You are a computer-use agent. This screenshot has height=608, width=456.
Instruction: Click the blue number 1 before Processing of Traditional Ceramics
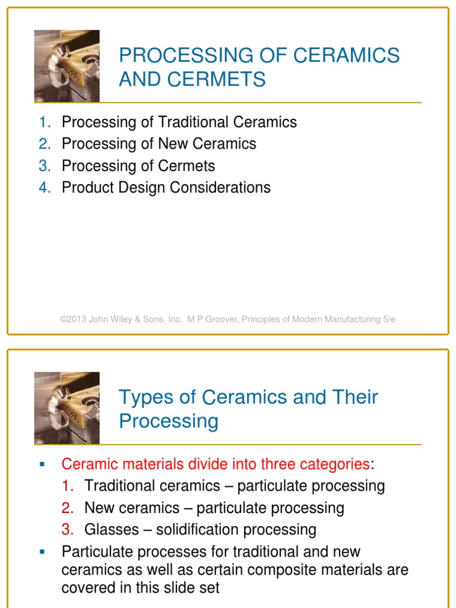[45, 122]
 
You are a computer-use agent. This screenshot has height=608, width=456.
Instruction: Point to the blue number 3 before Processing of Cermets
[45, 166]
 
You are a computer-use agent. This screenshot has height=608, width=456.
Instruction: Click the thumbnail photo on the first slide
[66, 66]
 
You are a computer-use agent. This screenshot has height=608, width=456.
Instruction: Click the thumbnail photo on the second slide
[66, 408]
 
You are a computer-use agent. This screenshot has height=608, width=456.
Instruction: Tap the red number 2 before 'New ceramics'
[68, 508]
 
